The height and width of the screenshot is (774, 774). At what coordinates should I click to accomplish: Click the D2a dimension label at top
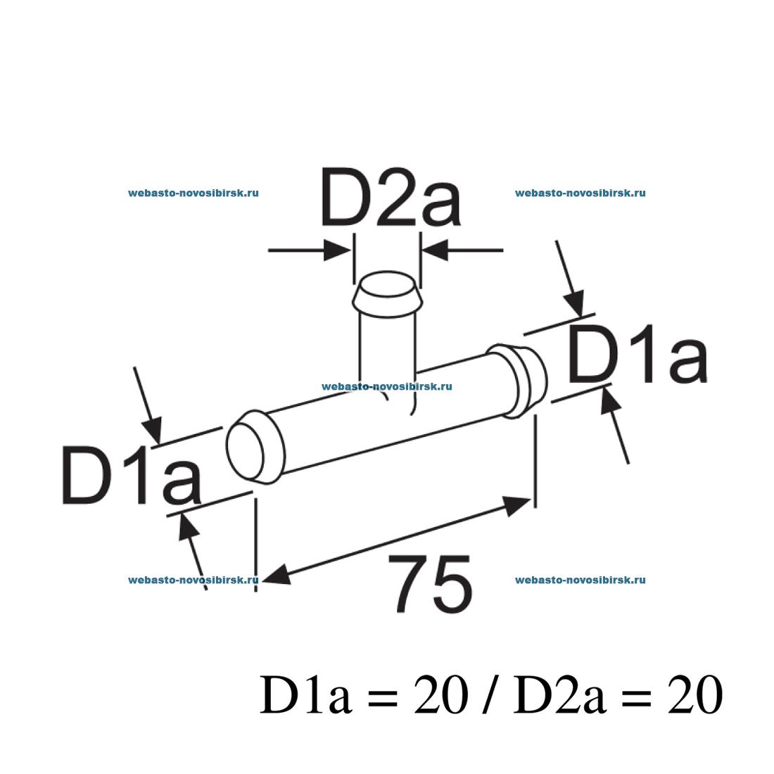391,198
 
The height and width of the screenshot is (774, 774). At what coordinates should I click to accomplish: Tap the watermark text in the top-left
193,193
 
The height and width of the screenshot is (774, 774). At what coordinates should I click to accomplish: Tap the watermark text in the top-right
580,193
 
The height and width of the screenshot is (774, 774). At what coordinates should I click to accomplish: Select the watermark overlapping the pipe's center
386,386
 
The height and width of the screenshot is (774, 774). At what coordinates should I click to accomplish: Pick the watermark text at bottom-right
580,580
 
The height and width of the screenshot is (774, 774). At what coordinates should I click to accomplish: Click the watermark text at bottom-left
193,580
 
